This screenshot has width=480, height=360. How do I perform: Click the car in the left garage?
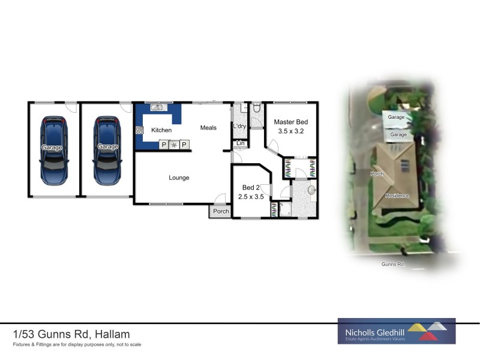pyautogui.click(x=54, y=150)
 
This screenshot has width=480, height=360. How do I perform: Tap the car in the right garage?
pyautogui.click(x=108, y=150)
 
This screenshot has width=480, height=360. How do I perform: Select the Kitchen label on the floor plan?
pyautogui.click(x=161, y=130)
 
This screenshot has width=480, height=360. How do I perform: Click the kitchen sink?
pyautogui.click(x=158, y=108)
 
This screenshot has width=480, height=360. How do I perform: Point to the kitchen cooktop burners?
pyautogui.click(x=139, y=130)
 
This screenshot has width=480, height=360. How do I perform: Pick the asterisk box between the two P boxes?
pyautogui.click(x=174, y=145)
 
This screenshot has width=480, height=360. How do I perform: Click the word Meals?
pyautogui.click(x=208, y=127)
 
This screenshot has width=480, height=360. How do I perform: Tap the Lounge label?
pyautogui.click(x=179, y=178)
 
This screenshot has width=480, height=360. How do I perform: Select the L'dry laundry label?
pyautogui.click(x=239, y=126)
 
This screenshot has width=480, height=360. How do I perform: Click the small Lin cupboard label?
pyautogui.click(x=240, y=143)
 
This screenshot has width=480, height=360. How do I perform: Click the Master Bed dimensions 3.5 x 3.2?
pyautogui.click(x=291, y=131)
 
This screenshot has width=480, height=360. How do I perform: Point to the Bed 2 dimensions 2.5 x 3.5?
pyautogui.click(x=251, y=196)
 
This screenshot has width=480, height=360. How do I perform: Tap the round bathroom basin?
pyautogui.click(x=311, y=190)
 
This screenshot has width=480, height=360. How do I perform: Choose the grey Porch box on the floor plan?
pyautogui.click(x=221, y=211)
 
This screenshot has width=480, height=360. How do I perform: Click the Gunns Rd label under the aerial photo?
pyautogui.click(x=392, y=264)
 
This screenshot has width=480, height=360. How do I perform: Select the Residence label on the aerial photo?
pyautogui.click(x=397, y=196)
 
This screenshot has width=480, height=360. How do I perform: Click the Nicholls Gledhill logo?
pyautogui.click(x=397, y=331)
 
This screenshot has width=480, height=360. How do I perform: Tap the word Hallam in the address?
pyautogui.click(x=112, y=334)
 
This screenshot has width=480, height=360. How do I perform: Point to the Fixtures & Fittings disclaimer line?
pyautogui.click(x=77, y=345)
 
